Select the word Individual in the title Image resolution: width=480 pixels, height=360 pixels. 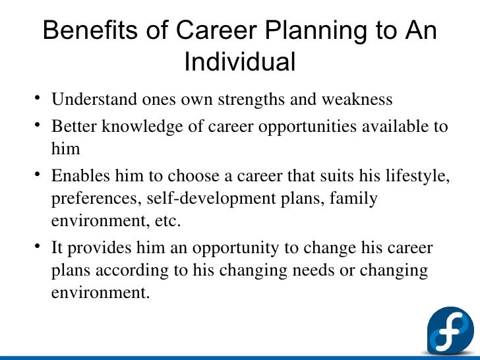(x=239, y=62)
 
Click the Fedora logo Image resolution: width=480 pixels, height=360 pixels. (x=450, y=330)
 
